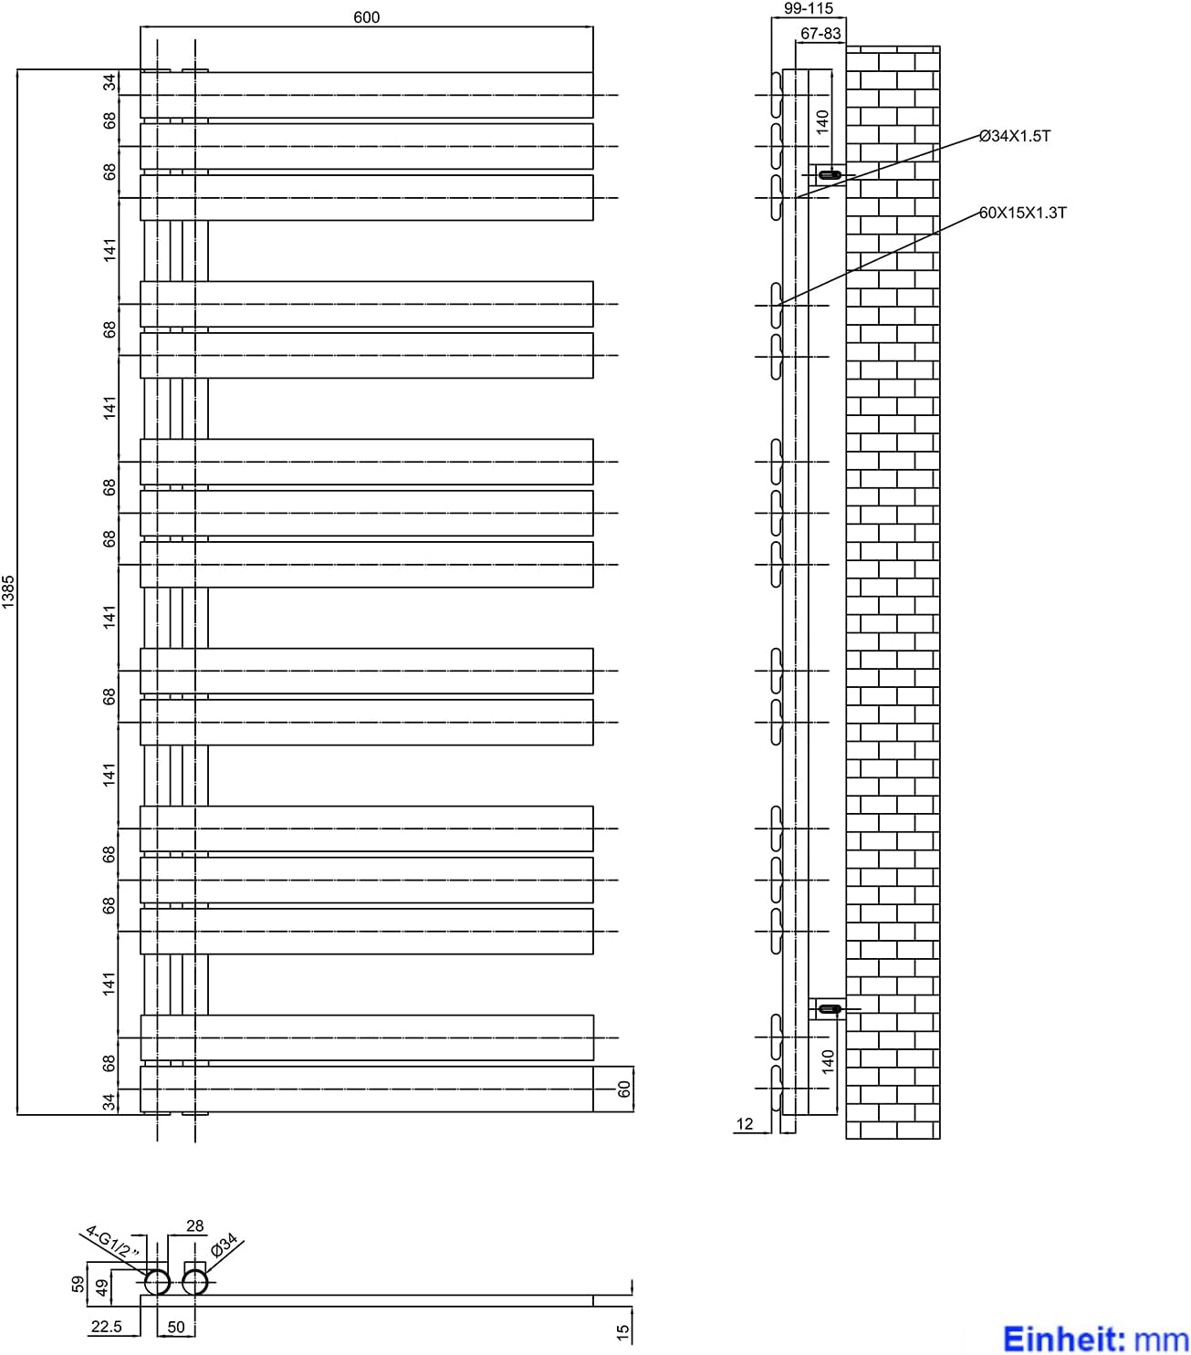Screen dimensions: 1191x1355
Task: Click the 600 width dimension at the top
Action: tap(366, 17)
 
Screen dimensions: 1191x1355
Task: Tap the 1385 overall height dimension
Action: tap(8, 592)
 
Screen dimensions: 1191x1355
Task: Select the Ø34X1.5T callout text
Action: tap(1014, 137)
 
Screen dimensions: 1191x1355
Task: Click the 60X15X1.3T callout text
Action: tap(1022, 213)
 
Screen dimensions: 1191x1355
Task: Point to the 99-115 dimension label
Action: tap(809, 9)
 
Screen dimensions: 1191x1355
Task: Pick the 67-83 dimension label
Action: tap(820, 34)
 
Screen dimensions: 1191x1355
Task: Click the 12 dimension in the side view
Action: tap(744, 1124)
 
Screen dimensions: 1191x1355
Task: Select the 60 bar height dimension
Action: tap(623, 1089)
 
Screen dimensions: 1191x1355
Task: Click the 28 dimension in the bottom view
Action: tap(194, 1226)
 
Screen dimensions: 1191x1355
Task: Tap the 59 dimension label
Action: tap(78, 1284)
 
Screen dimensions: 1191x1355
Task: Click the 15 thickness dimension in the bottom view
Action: tap(623, 1333)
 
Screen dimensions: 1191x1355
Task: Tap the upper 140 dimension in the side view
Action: tap(823, 121)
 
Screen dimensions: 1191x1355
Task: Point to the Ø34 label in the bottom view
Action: tap(224, 1244)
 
